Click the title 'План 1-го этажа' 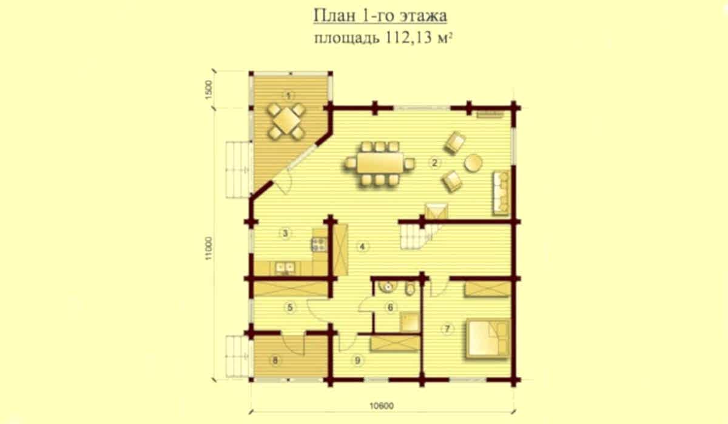click(x=380, y=16)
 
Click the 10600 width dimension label click(x=382, y=406)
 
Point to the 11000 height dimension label click(x=208, y=248)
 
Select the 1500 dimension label click(x=208, y=90)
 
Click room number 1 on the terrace click(x=288, y=96)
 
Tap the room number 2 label click(x=434, y=162)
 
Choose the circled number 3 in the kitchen click(x=285, y=233)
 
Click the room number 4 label click(x=362, y=247)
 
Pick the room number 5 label click(x=290, y=307)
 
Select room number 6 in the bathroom click(x=390, y=307)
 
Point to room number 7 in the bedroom click(x=447, y=329)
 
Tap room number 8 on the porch click(x=275, y=360)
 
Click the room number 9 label click(x=357, y=360)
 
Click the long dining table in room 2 click(x=380, y=163)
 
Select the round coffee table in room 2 click(x=473, y=162)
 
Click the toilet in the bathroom click(x=411, y=288)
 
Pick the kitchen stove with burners click(x=319, y=245)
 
